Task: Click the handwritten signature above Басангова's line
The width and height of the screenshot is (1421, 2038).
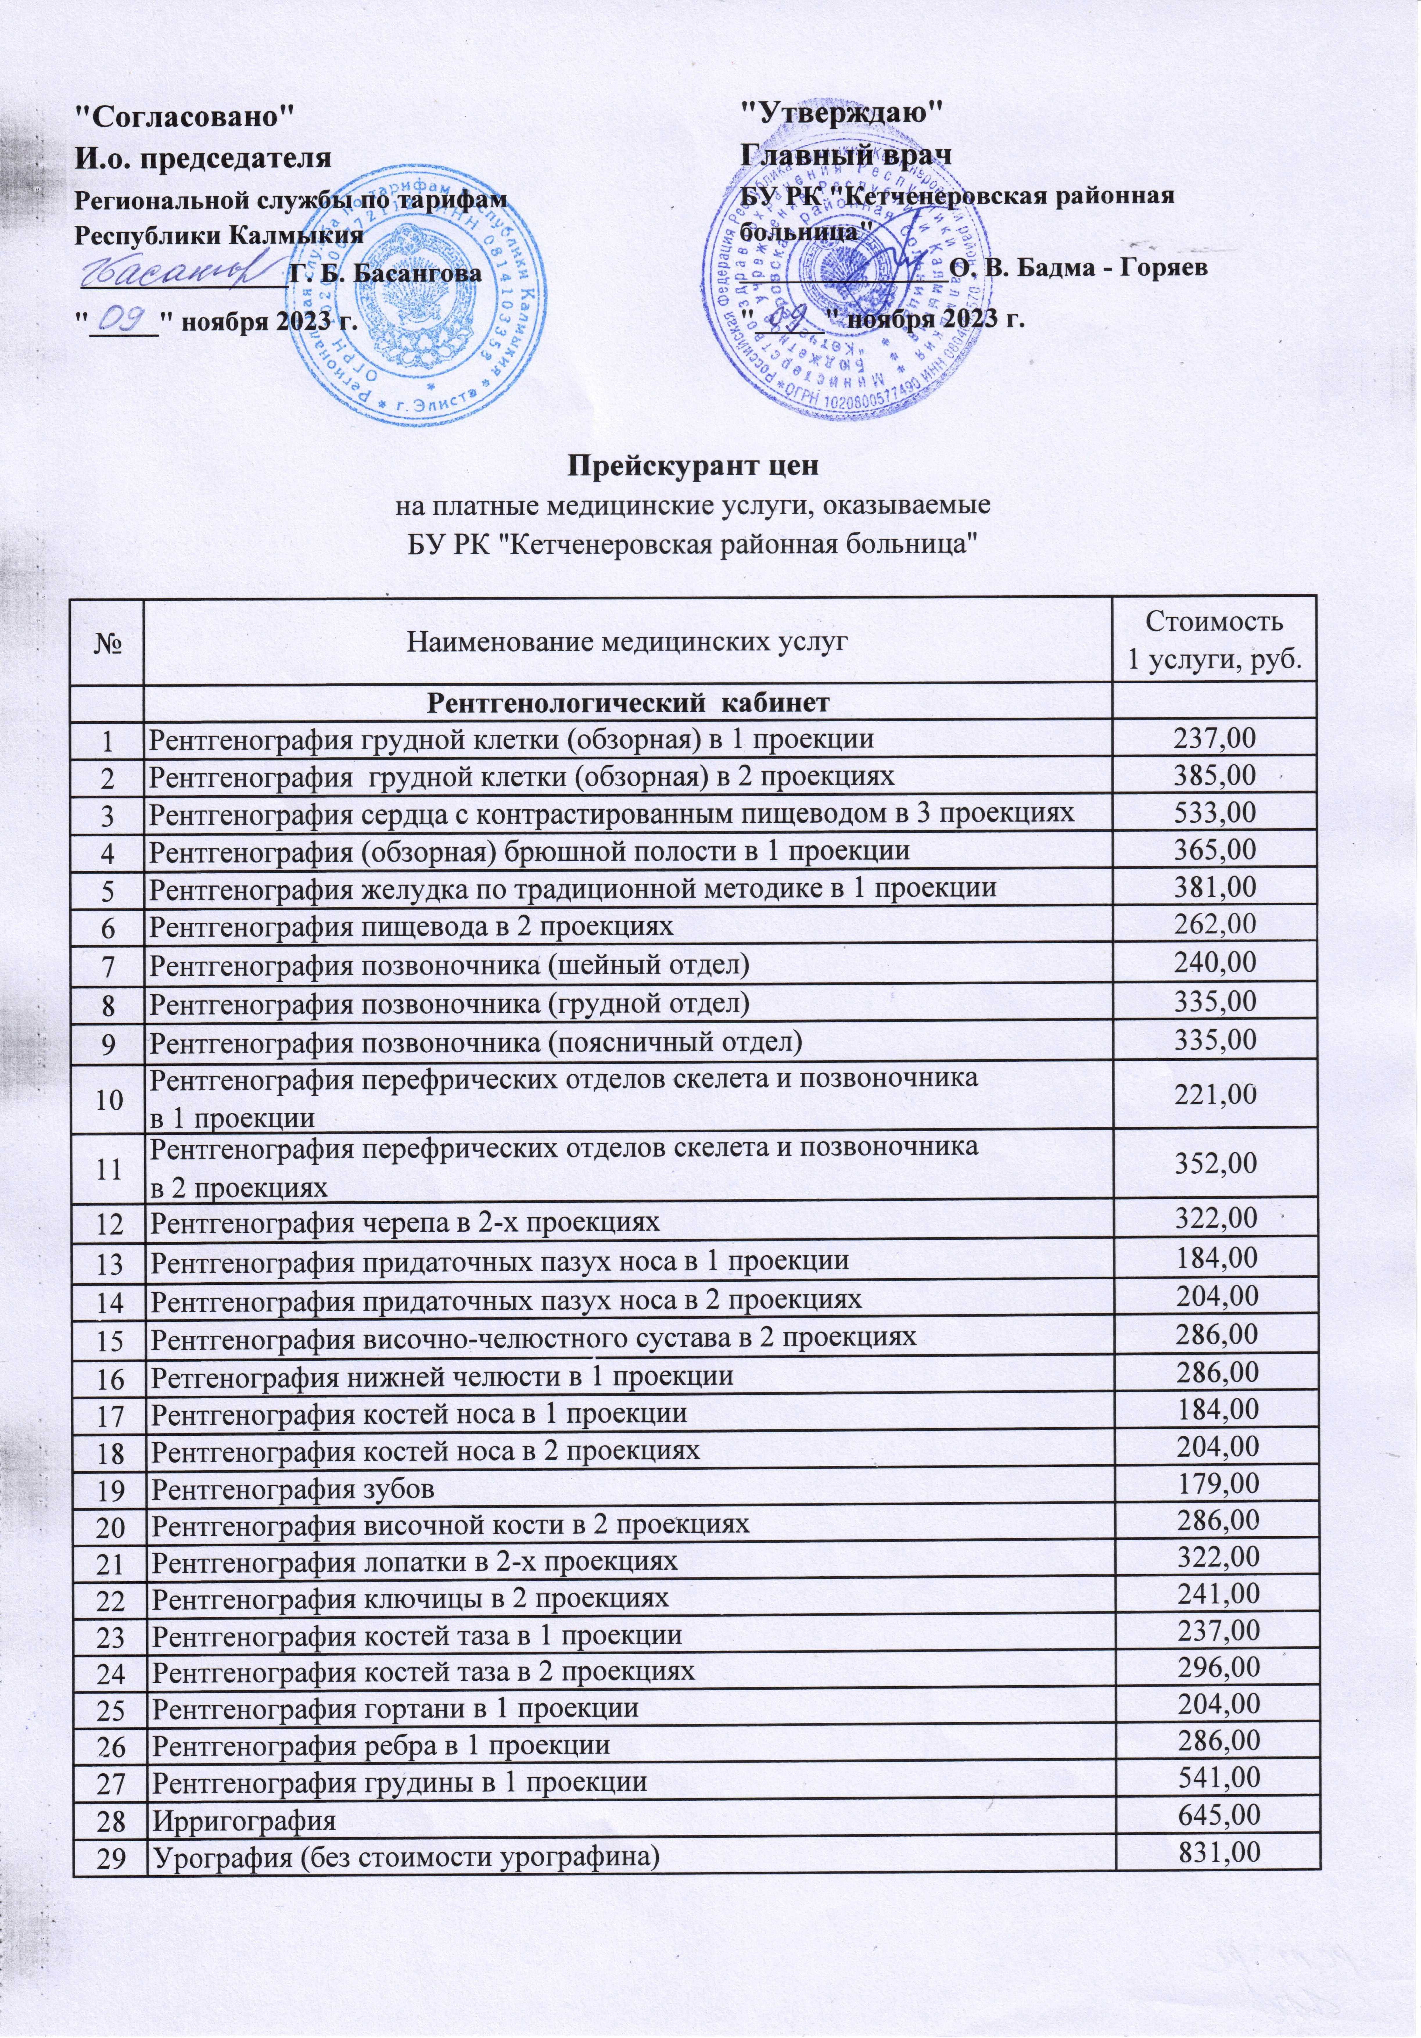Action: (x=177, y=266)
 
